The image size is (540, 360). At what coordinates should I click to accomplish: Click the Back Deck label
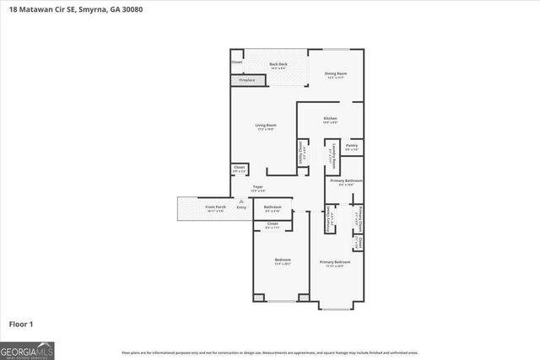point(278,66)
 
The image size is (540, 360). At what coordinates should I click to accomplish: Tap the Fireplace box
point(247,79)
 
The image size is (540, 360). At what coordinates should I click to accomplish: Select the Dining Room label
point(336,75)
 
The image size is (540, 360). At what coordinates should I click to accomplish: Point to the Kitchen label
point(330,121)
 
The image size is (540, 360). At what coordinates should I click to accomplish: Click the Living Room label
point(266,127)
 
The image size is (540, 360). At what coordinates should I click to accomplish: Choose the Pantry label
point(351,147)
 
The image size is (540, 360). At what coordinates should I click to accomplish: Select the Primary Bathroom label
point(346,182)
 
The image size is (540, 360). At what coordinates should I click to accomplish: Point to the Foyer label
point(258,188)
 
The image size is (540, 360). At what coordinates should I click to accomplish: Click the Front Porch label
point(215,207)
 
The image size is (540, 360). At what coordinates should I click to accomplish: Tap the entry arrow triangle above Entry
point(241,201)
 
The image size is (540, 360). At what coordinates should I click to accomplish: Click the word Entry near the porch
point(241,207)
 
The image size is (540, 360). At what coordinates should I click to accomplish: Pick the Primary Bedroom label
point(334,263)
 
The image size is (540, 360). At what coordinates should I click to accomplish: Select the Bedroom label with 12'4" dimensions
point(283,261)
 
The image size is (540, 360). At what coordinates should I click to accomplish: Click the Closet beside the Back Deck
point(237,62)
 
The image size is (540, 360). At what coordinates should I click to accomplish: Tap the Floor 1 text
point(20,323)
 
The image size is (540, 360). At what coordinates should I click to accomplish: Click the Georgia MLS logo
point(27,351)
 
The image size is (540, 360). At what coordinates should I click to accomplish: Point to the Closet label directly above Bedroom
point(273,226)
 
